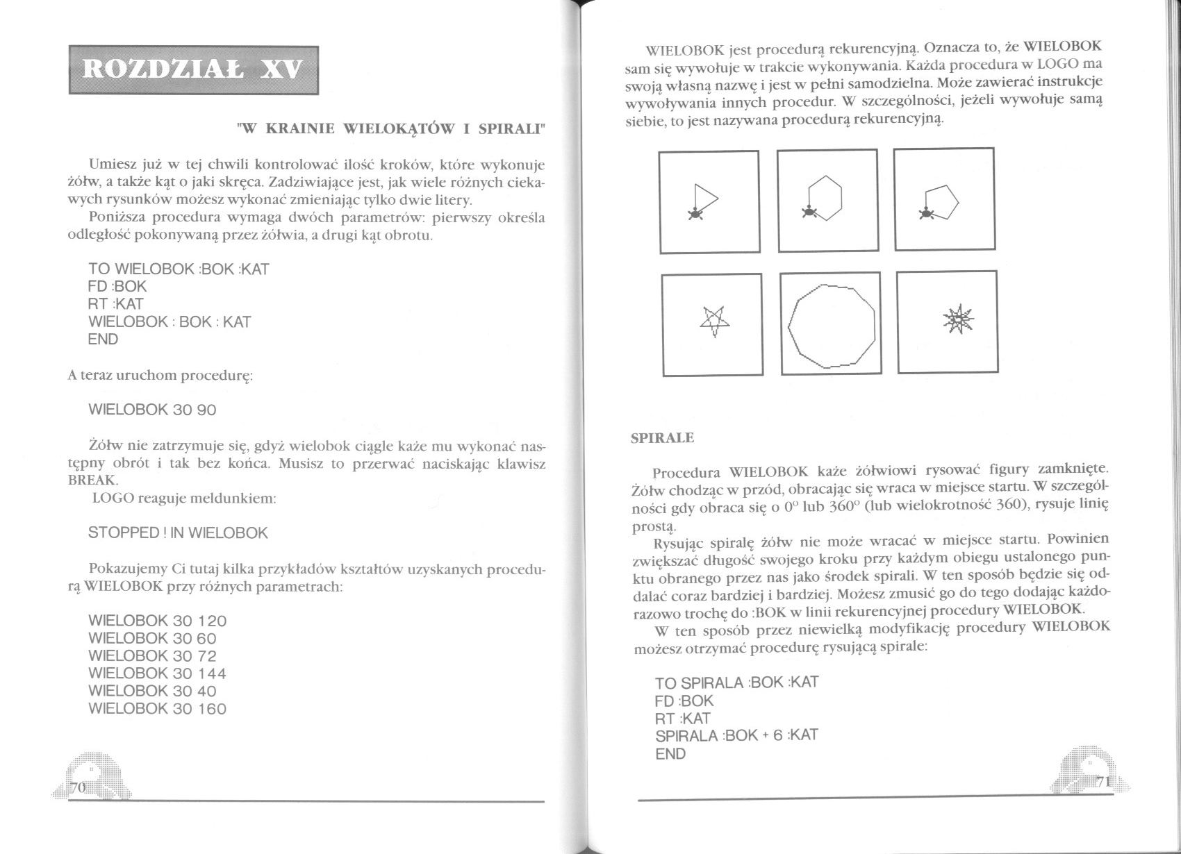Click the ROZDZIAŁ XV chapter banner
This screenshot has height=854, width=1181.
coord(192,70)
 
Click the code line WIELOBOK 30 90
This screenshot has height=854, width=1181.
coord(153,410)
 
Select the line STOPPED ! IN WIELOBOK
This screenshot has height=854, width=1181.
coord(178,533)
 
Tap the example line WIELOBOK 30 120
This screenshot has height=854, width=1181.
coord(158,621)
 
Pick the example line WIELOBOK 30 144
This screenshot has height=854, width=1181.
coord(158,673)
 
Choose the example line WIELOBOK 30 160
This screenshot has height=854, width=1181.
coord(158,709)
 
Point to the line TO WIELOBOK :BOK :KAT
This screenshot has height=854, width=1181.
coord(179,269)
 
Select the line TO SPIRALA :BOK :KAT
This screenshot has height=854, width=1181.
coord(736,683)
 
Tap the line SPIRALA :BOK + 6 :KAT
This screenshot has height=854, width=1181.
coord(736,735)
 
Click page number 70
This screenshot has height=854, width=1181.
coord(77,787)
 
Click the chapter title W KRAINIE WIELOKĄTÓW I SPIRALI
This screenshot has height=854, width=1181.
coord(391,128)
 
